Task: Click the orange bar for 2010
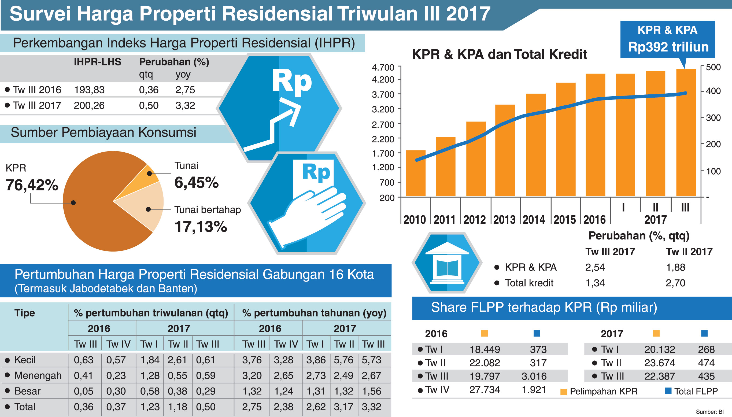tap(416, 173)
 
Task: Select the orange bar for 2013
tap(505, 150)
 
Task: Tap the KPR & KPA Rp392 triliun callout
tap(667, 39)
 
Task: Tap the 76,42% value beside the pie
tap(32, 185)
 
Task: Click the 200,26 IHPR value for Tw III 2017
tap(89, 106)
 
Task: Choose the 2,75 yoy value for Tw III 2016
tap(185, 90)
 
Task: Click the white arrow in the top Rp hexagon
tap(275, 126)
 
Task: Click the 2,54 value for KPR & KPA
tap(595, 267)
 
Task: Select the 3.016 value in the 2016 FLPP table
tap(534, 376)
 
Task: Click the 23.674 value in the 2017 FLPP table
tap(660, 363)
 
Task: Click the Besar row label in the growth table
tap(27, 391)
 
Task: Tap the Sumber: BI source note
tap(710, 412)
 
